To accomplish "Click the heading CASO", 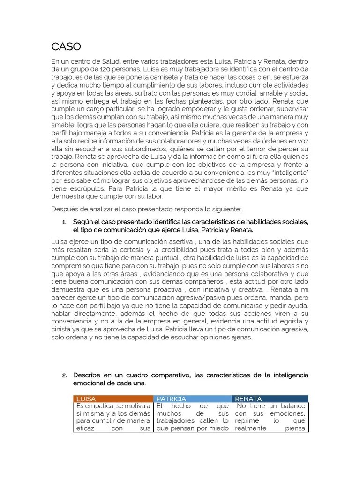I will [x=66, y=46].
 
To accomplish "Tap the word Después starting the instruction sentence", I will [x=65, y=209].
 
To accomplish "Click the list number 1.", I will [x=64, y=222].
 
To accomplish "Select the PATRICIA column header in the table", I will [x=172, y=398].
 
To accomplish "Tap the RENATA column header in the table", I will [x=248, y=398].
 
